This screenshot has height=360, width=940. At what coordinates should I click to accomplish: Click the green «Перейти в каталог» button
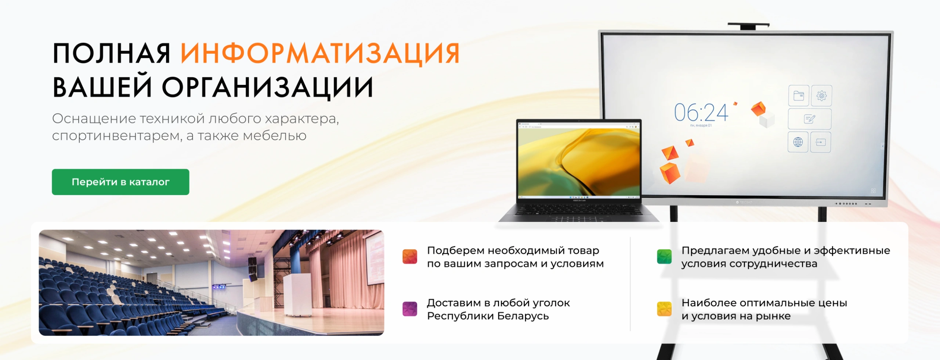(x=120, y=182)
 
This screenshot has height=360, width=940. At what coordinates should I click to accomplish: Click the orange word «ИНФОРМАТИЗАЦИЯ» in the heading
(x=320, y=54)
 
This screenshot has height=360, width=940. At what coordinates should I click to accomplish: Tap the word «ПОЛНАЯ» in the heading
(x=112, y=54)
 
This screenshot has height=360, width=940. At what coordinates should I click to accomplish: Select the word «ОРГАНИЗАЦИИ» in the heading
(x=268, y=87)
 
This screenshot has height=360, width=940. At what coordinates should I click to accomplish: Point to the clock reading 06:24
(x=701, y=112)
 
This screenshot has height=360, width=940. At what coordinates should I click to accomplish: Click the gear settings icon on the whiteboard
(x=821, y=96)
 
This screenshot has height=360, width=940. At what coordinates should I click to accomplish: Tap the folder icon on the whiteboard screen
(x=799, y=96)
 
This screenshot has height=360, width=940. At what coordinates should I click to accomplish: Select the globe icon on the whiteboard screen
(x=798, y=142)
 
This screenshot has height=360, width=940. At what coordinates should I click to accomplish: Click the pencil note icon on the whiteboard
(x=810, y=119)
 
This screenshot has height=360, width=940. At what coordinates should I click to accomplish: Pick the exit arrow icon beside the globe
(x=821, y=142)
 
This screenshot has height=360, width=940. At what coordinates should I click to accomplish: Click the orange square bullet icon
(x=410, y=256)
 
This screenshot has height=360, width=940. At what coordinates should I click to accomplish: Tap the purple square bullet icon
(x=410, y=309)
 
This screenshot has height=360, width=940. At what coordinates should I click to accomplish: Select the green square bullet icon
(x=664, y=256)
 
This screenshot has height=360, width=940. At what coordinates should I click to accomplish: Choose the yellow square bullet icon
(x=664, y=309)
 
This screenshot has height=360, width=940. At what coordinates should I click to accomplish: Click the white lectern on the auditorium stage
(x=298, y=295)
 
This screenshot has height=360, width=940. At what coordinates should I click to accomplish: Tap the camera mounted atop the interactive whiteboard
(x=748, y=26)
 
